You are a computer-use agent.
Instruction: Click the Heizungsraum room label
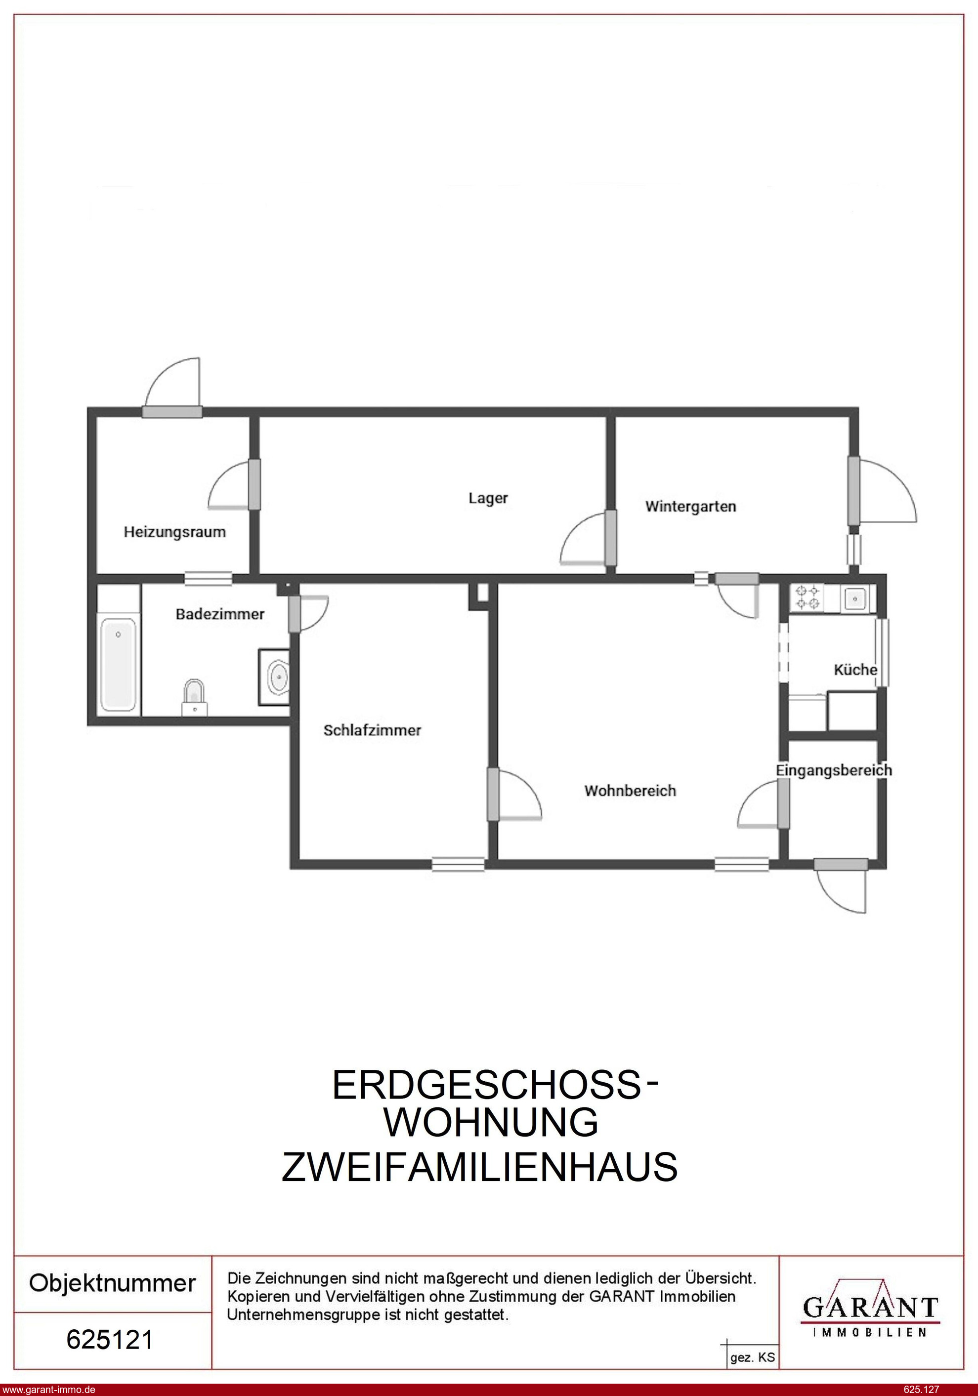tap(174, 533)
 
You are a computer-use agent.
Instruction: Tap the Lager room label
tap(488, 499)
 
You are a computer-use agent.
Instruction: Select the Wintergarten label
tap(690, 507)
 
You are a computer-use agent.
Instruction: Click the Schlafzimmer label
tap(372, 730)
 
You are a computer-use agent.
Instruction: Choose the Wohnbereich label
tap(630, 791)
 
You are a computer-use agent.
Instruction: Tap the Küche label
tap(855, 670)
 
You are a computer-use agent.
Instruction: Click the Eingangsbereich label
tap(834, 770)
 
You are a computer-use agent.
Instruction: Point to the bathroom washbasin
tap(274, 677)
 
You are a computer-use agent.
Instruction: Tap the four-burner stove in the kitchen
tap(807, 597)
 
